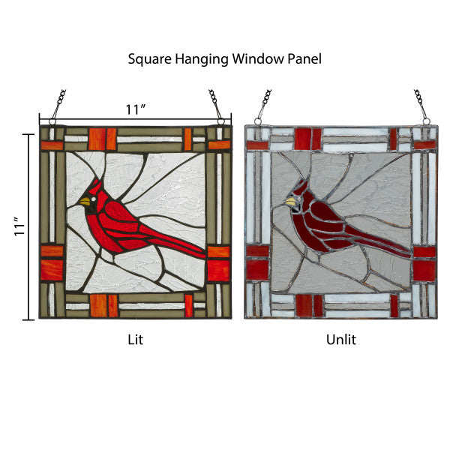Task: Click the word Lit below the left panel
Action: tap(135, 339)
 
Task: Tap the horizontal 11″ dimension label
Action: tap(135, 109)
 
